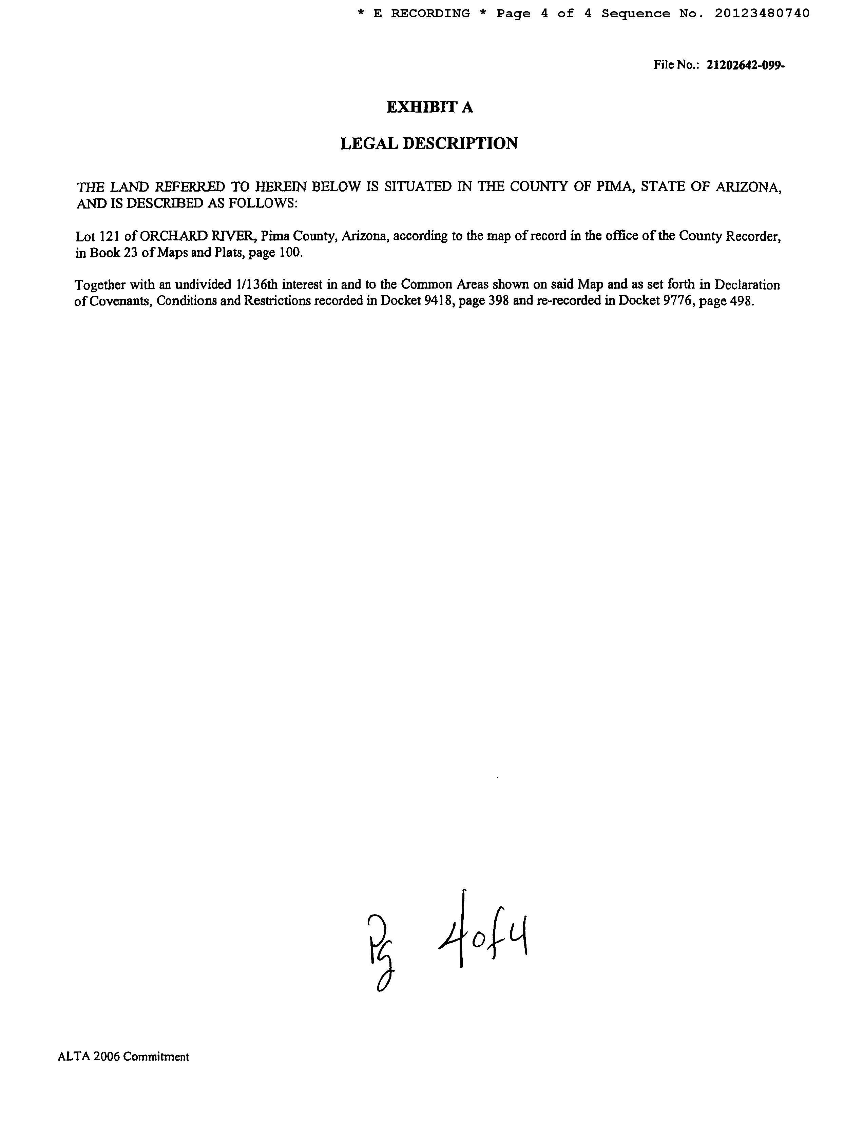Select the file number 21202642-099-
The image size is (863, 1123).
click(746, 65)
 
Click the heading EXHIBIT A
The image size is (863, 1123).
click(429, 107)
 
